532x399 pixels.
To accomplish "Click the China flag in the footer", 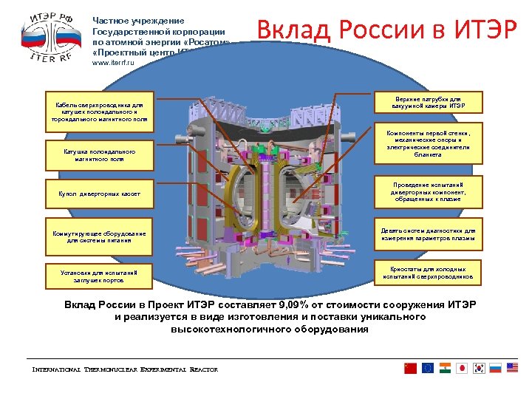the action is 411,368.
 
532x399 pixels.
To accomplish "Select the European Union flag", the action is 428,368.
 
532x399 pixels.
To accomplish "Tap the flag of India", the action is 445,368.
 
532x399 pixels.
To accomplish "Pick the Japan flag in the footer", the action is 462,368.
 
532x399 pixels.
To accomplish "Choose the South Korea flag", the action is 479,368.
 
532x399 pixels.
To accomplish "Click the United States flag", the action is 513,368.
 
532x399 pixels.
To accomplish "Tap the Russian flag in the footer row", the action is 496,368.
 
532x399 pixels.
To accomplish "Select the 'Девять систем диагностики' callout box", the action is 428,233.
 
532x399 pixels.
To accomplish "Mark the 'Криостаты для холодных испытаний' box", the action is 428,273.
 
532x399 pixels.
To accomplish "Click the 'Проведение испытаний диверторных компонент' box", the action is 428,190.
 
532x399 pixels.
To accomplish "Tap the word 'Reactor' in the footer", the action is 203,369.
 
